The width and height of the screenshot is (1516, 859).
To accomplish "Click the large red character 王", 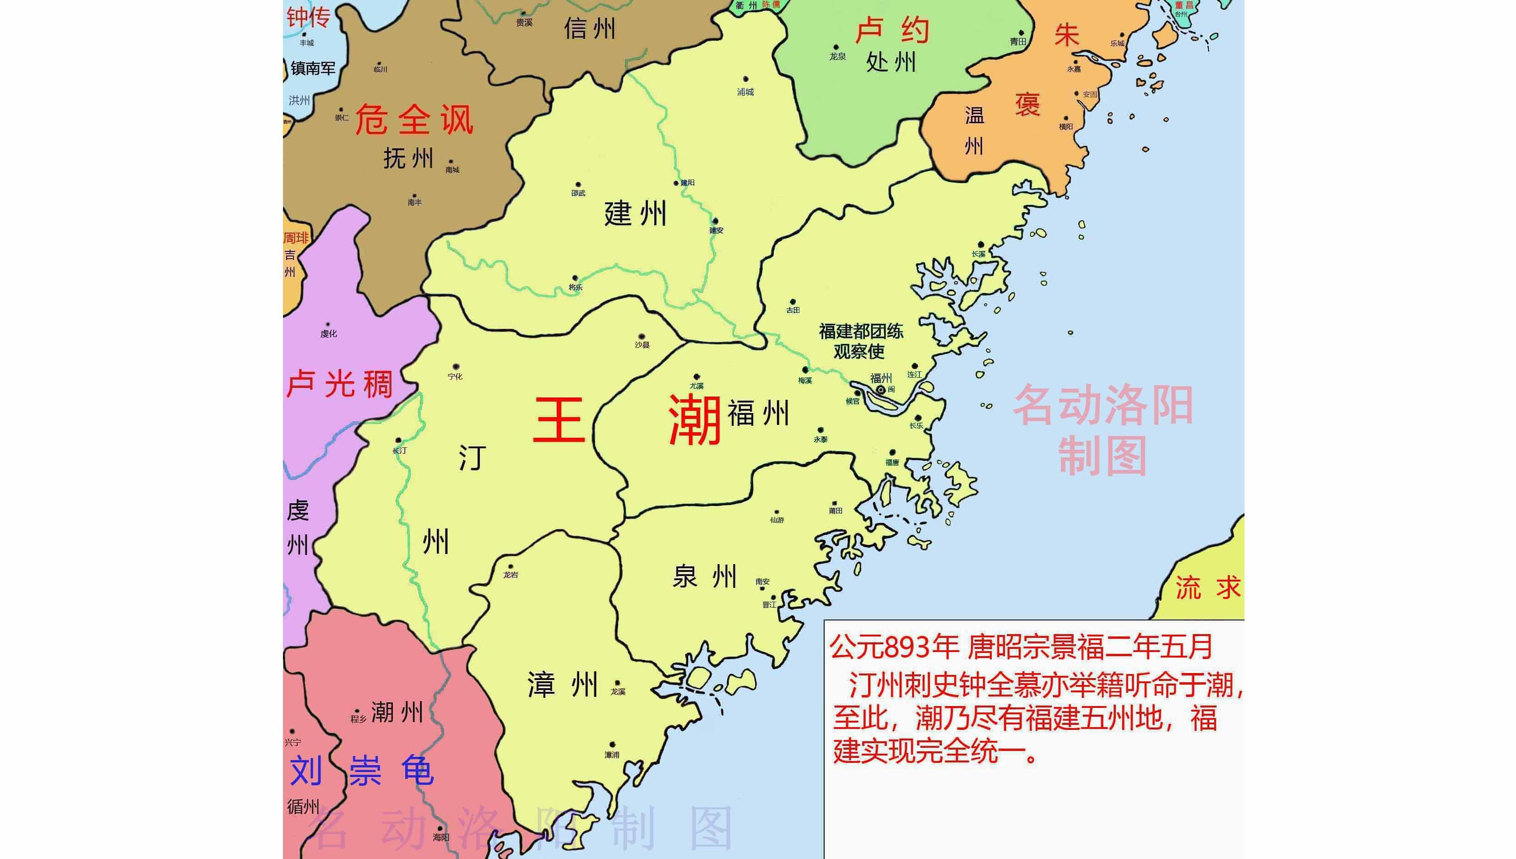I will point(559,420).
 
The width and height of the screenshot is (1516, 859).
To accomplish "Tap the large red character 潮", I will point(696,420).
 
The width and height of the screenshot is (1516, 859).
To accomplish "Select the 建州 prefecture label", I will point(636,213).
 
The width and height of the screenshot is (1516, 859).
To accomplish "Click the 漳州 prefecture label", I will point(563,685).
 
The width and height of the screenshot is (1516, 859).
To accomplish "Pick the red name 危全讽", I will point(414,120).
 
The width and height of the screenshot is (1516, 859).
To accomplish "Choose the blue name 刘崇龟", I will point(362,771).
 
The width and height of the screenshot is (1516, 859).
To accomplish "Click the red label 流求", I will point(1208,587).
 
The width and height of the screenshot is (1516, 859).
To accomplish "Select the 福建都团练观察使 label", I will point(861,341).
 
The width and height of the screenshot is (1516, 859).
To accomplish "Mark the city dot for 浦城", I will point(745,79).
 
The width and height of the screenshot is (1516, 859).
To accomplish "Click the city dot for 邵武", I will point(578,185).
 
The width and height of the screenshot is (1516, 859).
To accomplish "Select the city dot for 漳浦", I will point(612,745).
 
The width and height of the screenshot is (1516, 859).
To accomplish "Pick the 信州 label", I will point(589,28).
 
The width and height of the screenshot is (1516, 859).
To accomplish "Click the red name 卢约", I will point(891,30).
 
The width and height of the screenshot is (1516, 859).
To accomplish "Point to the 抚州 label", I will point(408,158).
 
